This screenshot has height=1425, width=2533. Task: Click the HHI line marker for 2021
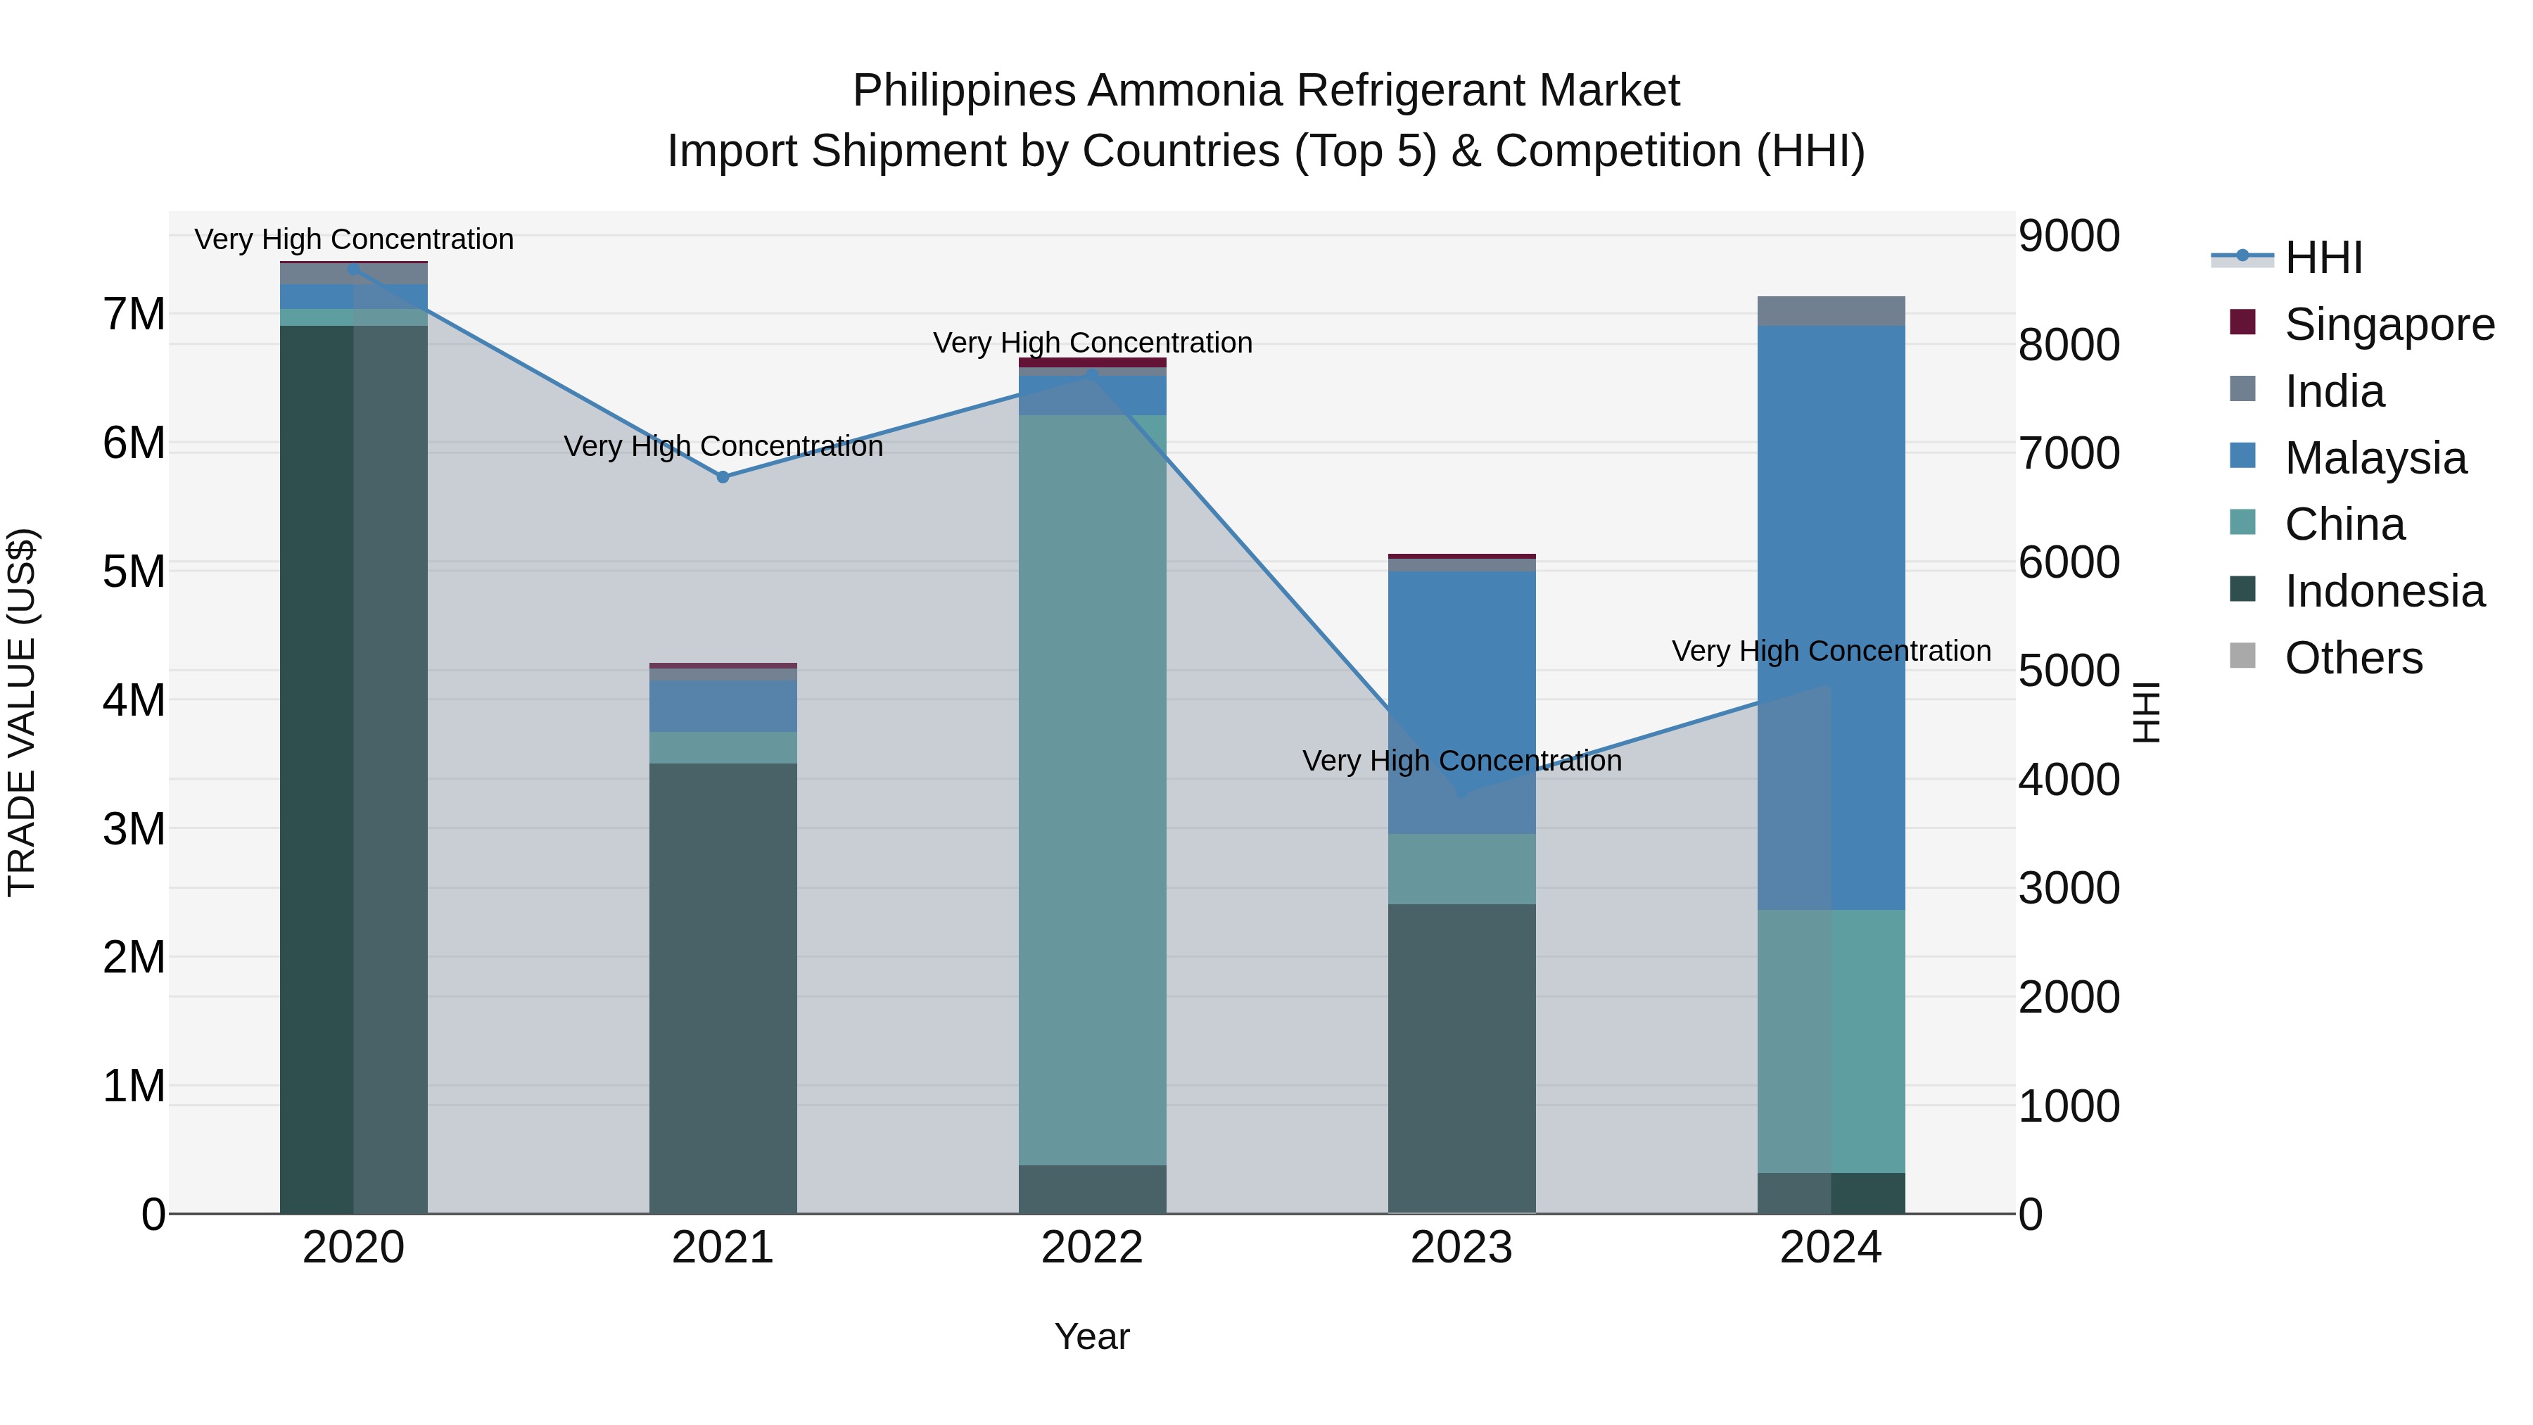point(723,477)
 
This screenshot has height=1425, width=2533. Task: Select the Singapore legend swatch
point(2243,322)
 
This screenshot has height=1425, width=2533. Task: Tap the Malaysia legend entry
point(2375,458)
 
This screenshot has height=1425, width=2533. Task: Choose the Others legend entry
point(2353,658)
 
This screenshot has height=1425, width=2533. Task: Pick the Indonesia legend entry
point(2384,591)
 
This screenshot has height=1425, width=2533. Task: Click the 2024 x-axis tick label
point(1830,1248)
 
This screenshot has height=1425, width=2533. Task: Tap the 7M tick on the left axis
point(134,315)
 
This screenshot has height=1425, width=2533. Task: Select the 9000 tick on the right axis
point(2069,236)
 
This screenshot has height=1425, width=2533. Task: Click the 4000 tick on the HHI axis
point(2069,780)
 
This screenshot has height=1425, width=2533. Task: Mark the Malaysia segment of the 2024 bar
point(1831,618)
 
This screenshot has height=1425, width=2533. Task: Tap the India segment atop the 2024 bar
point(1831,311)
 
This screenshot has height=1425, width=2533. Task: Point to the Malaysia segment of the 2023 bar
point(1461,702)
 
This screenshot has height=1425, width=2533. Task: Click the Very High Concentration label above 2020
point(354,239)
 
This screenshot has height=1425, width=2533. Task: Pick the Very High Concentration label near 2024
point(1831,651)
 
